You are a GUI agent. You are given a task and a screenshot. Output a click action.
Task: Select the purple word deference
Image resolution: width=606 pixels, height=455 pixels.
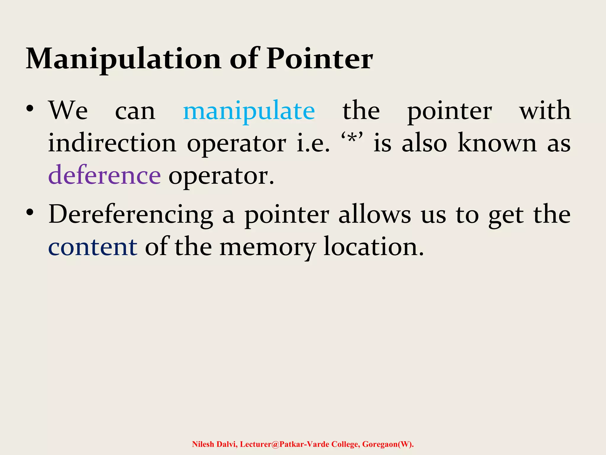(104, 175)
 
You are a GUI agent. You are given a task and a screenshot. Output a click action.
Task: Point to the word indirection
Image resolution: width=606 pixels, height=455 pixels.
(112, 143)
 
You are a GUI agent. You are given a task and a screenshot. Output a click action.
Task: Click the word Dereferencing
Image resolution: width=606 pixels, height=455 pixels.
(130, 215)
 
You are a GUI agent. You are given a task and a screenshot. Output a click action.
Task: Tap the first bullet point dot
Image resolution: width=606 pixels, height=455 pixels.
(30, 109)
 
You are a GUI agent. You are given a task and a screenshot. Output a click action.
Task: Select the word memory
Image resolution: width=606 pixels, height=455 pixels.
(268, 247)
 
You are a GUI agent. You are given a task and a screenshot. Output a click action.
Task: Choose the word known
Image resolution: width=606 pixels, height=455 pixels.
(497, 143)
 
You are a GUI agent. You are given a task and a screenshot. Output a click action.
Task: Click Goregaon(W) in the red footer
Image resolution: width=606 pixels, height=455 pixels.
(388, 444)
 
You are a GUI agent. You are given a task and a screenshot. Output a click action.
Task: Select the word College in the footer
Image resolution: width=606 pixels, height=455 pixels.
(345, 444)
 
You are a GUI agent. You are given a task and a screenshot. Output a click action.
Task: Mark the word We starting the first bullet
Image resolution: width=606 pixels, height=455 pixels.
(68, 110)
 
